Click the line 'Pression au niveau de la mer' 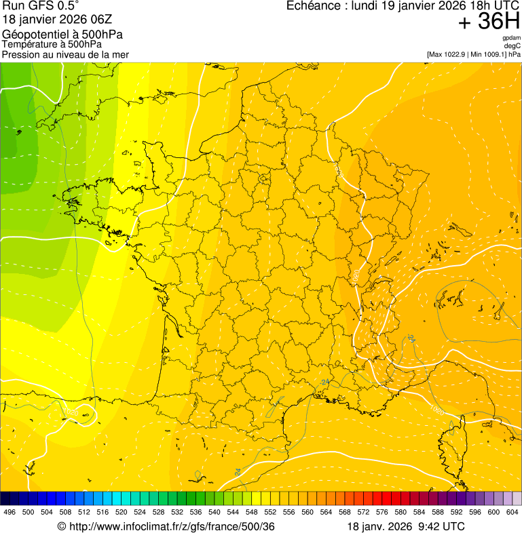tap(65, 54)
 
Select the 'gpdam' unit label tap(511, 39)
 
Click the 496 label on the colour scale tap(10, 512)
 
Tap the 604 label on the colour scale tap(512, 512)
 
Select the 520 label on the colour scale tap(121, 512)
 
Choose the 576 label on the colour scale tap(382, 512)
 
